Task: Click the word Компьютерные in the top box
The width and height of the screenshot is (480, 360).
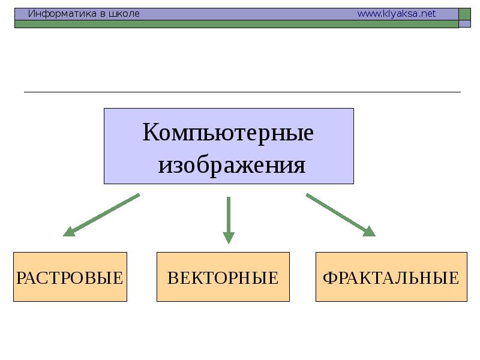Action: click(x=228, y=133)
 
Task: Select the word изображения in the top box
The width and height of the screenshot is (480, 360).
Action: click(x=232, y=165)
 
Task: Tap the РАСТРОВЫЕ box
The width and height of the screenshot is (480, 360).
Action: click(x=70, y=277)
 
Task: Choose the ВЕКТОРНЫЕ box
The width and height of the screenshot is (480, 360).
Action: click(x=223, y=277)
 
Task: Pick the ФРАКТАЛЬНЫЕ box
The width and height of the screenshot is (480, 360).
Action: click(x=391, y=277)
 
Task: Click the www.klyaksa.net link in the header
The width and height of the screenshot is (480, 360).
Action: click(x=396, y=14)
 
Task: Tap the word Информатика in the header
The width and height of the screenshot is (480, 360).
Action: click(x=60, y=14)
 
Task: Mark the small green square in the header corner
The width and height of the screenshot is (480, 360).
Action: click(x=464, y=14)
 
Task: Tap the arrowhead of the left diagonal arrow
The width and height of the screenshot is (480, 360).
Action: click(x=68, y=232)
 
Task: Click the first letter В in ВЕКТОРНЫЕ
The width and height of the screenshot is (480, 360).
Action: click(x=173, y=278)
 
